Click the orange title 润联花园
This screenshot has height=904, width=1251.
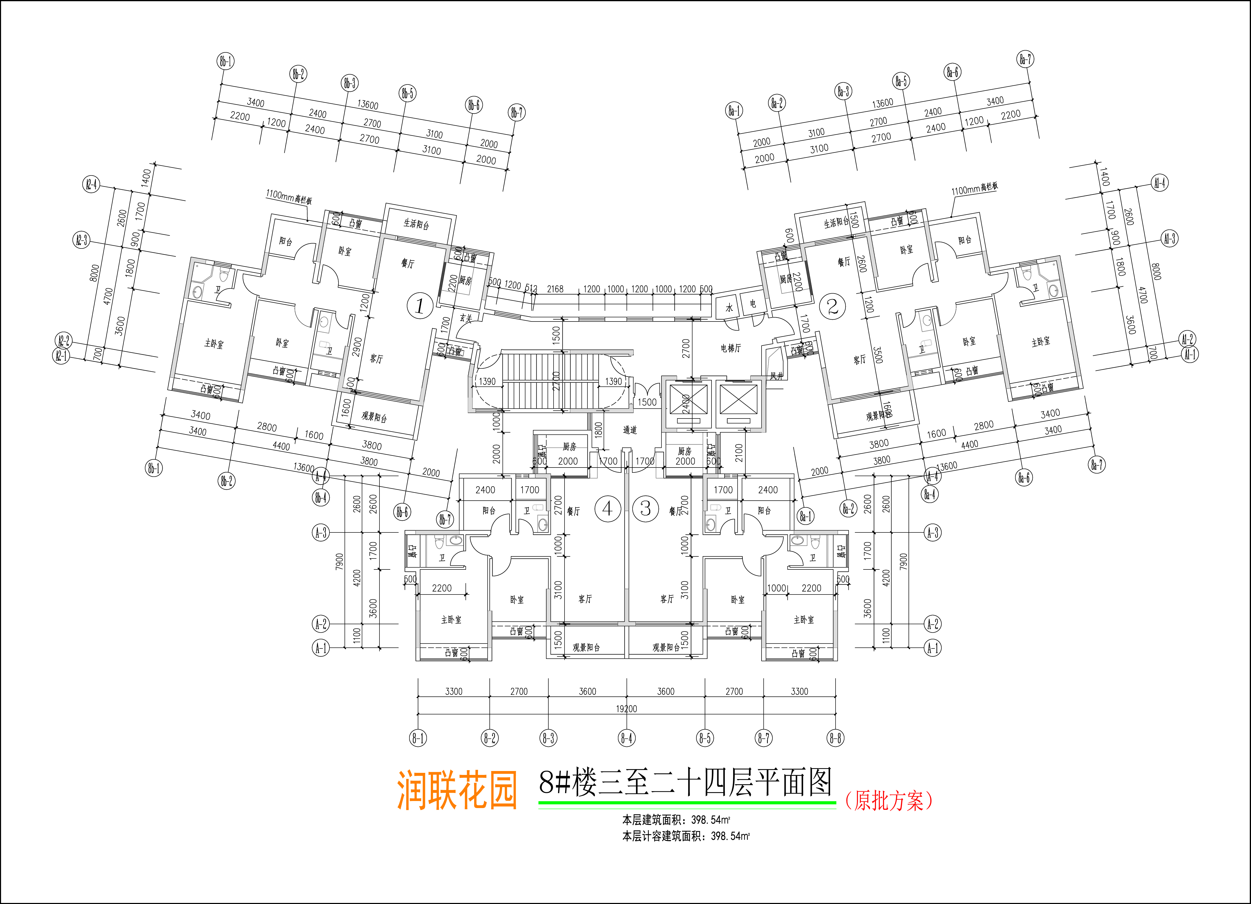click(457, 790)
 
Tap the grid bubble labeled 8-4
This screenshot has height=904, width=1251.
click(627, 738)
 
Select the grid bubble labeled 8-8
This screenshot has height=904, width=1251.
click(836, 738)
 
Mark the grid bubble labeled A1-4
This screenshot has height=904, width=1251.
click(1160, 183)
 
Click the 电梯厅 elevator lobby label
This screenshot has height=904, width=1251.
click(731, 348)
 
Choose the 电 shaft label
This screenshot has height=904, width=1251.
click(753, 304)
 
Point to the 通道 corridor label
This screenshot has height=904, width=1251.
click(630, 430)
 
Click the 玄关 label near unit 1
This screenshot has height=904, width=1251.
click(466, 318)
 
